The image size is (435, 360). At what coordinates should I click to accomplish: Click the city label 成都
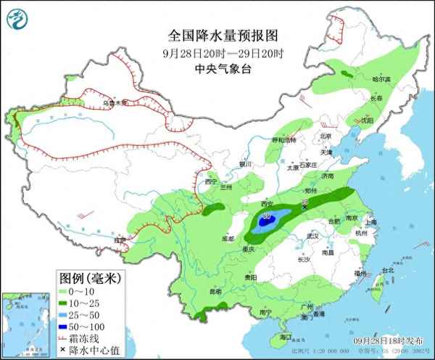click(228, 237)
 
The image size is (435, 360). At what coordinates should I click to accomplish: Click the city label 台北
click(387, 271)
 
